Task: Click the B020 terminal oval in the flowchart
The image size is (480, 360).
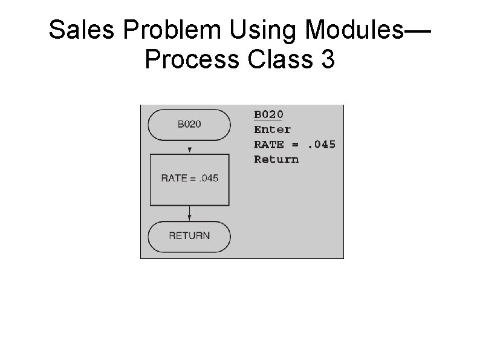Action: pos(189,125)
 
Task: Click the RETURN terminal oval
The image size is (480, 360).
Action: pos(189,236)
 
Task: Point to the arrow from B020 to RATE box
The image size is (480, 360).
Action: pos(190,148)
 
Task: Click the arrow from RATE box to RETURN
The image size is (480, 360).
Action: pos(190,214)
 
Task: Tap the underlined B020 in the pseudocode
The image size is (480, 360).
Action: pos(268,114)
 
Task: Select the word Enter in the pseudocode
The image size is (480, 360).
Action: pos(272,129)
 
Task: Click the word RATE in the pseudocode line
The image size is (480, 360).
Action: pos(269,145)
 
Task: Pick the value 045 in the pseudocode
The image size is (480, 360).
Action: pos(323,145)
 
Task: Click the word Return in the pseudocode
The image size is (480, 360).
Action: pos(276,159)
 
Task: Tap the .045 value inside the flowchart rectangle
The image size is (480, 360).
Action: pos(209,178)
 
